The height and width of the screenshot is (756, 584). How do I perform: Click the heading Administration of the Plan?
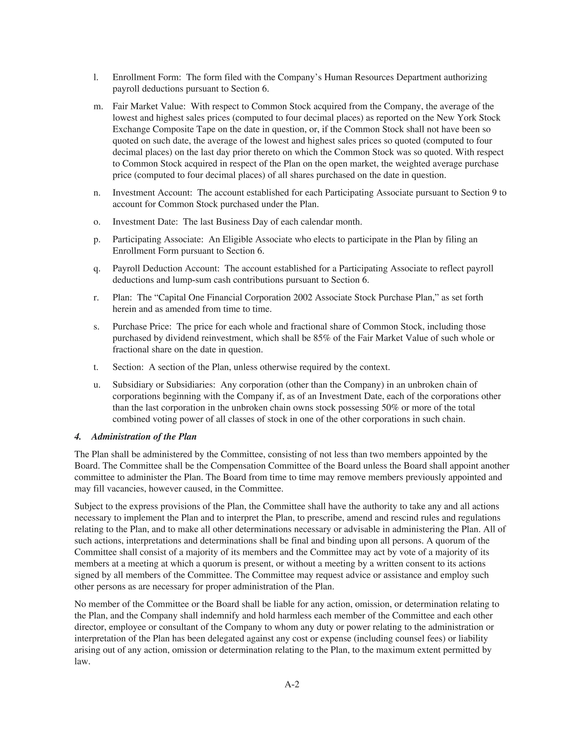tap(144, 436)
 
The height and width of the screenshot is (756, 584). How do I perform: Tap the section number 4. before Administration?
tap(78, 436)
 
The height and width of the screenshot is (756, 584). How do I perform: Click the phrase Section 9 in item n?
tap(480, 193)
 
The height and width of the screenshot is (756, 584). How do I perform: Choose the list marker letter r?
tap(96, 297)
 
